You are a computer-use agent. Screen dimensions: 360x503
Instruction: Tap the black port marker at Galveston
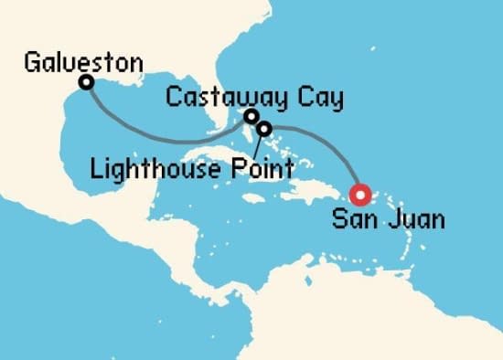tap(87, 83)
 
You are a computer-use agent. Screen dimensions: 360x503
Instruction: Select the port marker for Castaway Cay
tap(251, 116)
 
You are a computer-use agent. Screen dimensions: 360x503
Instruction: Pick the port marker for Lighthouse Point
tap(264, 129)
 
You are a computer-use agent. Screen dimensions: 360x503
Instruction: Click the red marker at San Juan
tap(359, 194)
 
